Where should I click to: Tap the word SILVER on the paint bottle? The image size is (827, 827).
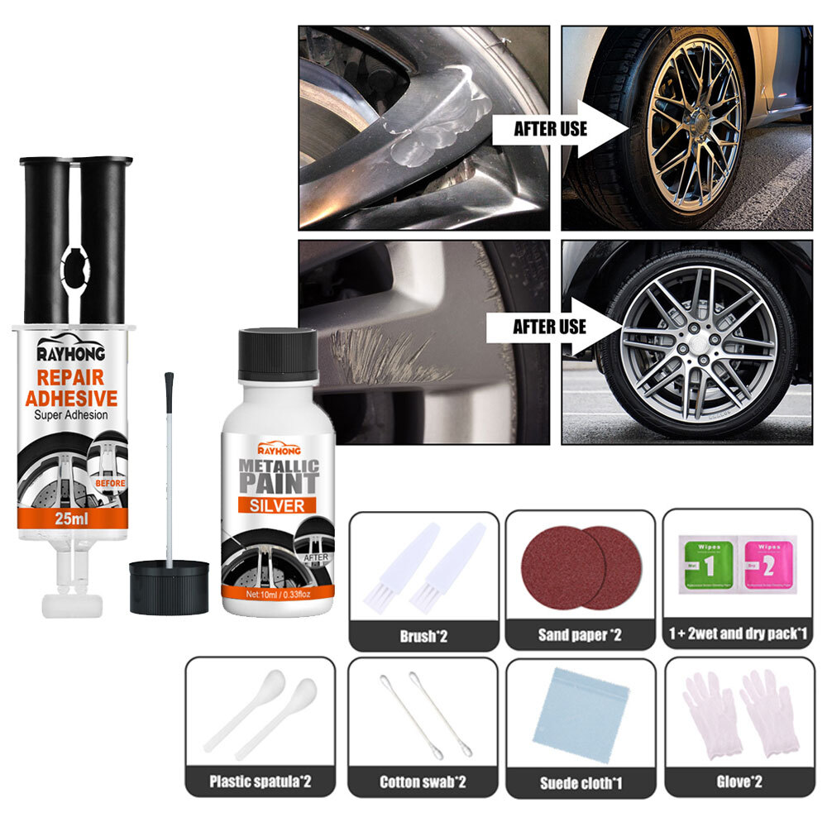(277, 504)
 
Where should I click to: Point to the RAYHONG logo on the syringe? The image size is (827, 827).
(70, 355)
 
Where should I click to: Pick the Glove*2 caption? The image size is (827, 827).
(738, 781)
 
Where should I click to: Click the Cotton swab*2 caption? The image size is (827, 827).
(423, 781)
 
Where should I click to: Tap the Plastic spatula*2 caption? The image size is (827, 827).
(261, 781)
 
